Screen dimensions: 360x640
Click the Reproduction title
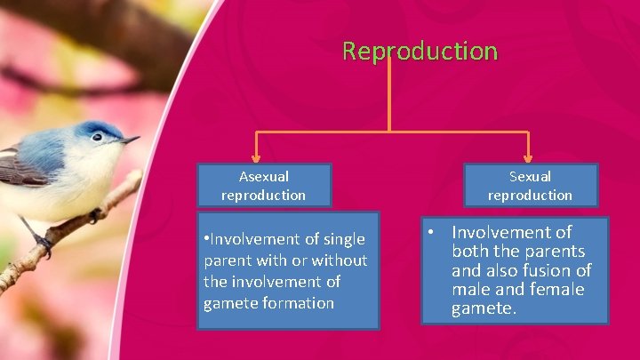tap(420, 51)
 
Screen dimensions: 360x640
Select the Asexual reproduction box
tap(263, 185)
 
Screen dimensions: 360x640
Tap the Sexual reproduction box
tap(530, 185)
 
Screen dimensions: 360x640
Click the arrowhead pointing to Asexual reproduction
tap(257, 156)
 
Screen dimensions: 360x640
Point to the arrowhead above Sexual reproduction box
tap(528, 156)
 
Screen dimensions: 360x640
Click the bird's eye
tap(97, 137)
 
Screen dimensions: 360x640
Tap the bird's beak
tap(130, 140)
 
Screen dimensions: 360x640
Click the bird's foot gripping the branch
tap(94, 216)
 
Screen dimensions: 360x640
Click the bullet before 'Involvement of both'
tap(430, 233)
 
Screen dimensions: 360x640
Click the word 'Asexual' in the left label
tap(263, 177)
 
